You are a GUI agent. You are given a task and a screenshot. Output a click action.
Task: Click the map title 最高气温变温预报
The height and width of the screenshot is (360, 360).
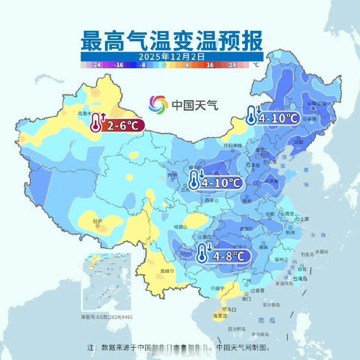pos(172,42)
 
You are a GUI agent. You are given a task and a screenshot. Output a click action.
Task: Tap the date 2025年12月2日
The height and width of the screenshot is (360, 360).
pos(172,57)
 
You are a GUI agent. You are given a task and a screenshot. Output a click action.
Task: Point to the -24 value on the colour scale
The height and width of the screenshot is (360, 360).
pos(96,65)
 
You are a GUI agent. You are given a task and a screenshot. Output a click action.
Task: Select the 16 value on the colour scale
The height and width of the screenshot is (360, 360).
pos(210,65)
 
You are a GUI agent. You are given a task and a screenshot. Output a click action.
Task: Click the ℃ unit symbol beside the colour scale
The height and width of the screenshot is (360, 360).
pos(256,65)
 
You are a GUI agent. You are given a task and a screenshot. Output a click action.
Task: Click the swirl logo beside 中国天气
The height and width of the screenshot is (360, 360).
pos(158,105)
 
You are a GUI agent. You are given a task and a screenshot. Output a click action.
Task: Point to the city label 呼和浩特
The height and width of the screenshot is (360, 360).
pos(233,145)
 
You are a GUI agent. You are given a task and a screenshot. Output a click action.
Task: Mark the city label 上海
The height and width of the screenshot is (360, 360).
pos(305,219)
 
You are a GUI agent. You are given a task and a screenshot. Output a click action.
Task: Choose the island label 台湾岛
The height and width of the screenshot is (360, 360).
pos(300,278)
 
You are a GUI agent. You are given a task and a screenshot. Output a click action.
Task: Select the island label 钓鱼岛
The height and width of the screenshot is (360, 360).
pos(308,255)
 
